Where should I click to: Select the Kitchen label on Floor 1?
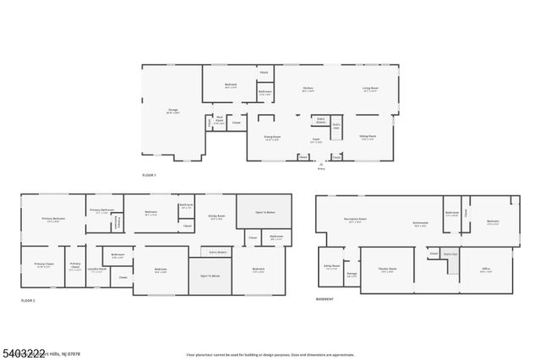tap(309, 89)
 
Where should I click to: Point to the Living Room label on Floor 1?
tap(370, 89)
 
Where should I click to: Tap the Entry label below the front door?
tap(321, 169)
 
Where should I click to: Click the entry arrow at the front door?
tap(321, 163)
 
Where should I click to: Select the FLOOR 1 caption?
tap(150, 174)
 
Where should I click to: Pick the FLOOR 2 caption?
tap(29, 300)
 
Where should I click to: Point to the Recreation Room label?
tap(354, 219)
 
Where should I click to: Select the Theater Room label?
tap(388, 270)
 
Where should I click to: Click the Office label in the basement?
tap(486, 270)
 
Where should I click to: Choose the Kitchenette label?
tap(420, 224)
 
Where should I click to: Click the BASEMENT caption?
tap(325, 299)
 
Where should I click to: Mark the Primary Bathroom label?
tap(101, 210)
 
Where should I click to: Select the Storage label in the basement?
tap(352, 273)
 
